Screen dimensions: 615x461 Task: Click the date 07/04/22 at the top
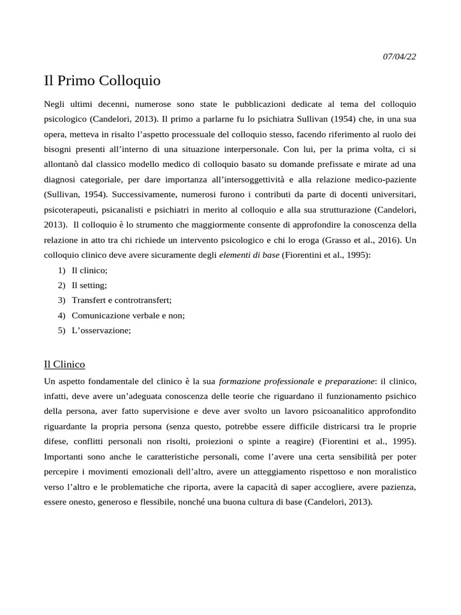pos(399,56)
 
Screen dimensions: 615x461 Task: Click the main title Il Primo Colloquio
pos(103,80)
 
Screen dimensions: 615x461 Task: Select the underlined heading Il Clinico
pos(65,364)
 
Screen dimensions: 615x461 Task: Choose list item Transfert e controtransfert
pos(121,300)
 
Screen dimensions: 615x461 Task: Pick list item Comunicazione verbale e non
pos(128,315)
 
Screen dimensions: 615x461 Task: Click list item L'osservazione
pos(101,330)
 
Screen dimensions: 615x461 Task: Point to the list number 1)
pos(62,270)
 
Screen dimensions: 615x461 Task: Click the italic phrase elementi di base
pos(249,255)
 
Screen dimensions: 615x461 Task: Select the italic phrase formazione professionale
pos(267,381)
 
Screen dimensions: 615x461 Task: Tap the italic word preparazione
pos(349,381)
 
